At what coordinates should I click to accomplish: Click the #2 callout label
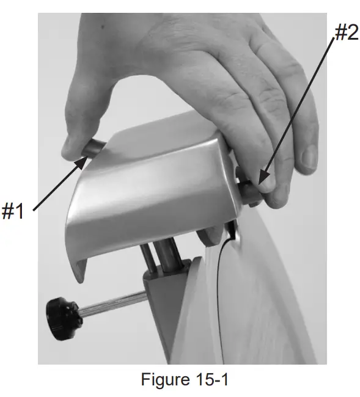coord(345,33)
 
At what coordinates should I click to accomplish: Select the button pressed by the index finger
coord(251,190)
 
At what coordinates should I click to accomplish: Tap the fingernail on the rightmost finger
coord(309,160)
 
